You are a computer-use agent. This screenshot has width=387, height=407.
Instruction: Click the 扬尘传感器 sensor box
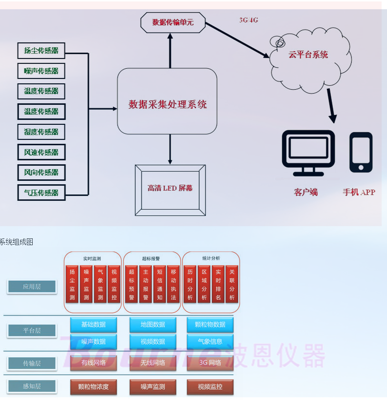[x=41, y=51]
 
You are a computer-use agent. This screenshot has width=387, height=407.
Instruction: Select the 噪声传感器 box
[x=41, y=71]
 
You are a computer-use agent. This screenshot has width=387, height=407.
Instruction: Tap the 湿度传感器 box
[x=41, y=132]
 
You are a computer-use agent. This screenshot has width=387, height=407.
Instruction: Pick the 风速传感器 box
[x=41, y=153]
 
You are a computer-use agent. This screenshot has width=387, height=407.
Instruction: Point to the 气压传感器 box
[x=41, y=193]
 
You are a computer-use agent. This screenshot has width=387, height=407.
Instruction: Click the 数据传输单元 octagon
[x=173, y=22]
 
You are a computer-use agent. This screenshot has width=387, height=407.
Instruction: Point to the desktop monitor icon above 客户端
[x=308, y=153]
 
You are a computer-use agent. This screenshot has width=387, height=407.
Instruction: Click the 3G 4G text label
[x=249, y=20]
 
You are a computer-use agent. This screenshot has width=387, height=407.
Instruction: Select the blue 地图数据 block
[x=153, y=325]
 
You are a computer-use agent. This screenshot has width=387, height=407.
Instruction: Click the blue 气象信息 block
[x=210, y=342]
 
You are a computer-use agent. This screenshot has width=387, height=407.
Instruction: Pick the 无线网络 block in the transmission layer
[x=153, y=363]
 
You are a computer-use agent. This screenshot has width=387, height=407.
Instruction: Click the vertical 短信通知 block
[x=160, y=284]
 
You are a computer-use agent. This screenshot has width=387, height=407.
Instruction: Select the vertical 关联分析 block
[x=232, y=284]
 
